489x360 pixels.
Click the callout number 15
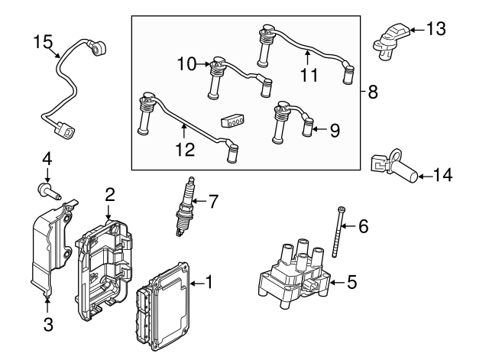[43, 42]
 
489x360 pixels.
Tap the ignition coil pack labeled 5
[294, 274]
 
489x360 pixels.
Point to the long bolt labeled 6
[338, 232]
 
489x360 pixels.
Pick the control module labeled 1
[163, 306]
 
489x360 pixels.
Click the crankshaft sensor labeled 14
[394, 167]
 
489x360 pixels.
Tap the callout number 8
[373, 92]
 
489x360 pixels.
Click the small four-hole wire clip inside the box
[232, 121]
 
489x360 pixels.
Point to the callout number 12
[185, 149]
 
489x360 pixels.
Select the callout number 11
[309, 75]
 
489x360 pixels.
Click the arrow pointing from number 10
[204, 64]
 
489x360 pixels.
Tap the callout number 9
[335, 131]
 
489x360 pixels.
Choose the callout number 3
[48, 324]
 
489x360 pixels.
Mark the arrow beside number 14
[426, 177]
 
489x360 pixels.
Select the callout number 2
[110, 194]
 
